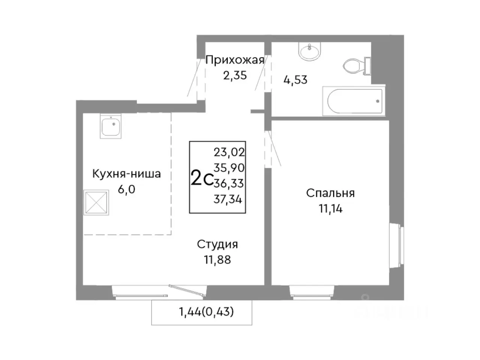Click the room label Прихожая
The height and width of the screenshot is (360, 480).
[235, 60]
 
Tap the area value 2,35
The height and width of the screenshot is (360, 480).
[235, 75]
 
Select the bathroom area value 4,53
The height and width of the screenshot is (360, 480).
[295, 80]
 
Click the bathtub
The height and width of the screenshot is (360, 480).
[355, 101]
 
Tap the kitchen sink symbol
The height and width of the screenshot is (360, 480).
[111, 127]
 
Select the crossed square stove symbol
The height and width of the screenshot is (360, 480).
[96, 202]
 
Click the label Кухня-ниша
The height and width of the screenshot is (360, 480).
[126, 174]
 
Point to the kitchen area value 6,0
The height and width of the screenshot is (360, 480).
[126, 189]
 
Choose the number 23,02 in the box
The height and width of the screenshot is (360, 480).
[229, 152]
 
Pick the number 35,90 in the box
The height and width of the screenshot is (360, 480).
[229, 168]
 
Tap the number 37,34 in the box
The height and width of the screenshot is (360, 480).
[228, 199]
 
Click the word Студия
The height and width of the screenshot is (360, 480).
[217, 244]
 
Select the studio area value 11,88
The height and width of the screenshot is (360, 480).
[217, 260]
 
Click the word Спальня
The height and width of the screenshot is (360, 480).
[330, 193]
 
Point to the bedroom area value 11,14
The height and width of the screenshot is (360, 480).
[330, 209]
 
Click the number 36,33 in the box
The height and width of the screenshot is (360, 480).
[229, 183]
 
